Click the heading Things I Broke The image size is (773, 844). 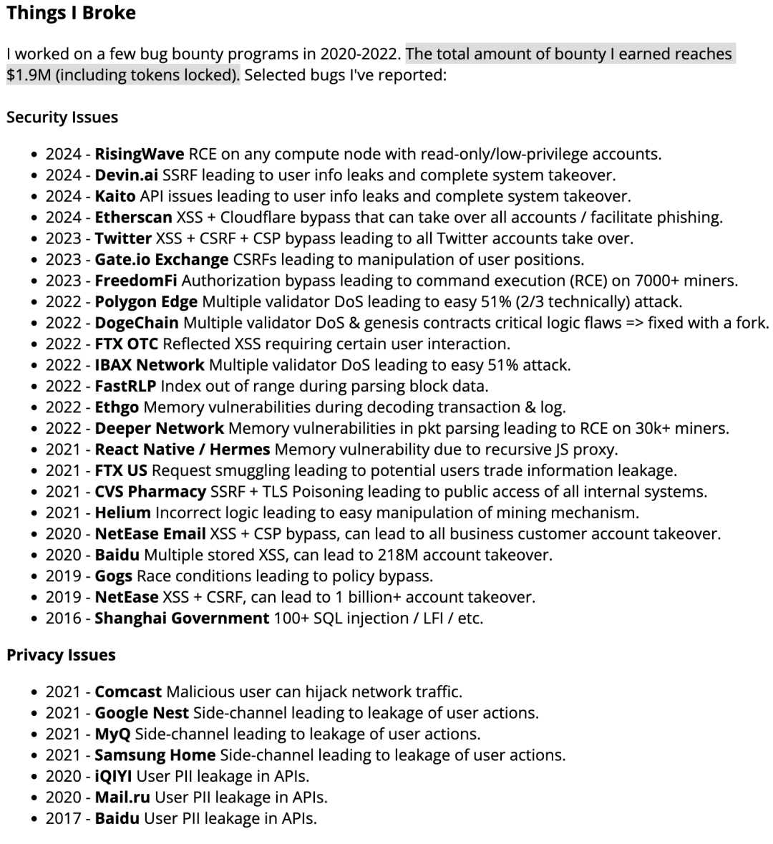coord(71,13)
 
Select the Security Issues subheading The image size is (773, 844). coord(62,117)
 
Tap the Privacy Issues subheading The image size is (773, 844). coord(61,655)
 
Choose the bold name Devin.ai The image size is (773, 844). coord(126,175)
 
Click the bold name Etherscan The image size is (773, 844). coord(133,218)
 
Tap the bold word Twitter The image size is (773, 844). coord(123,238)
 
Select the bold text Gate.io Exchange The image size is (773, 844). coord(162,259)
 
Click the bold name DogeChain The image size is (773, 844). coord(137,323)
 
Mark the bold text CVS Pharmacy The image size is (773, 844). coord(150,492)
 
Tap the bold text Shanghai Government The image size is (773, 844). coord(182,618)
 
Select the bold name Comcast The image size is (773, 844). coord(128,692)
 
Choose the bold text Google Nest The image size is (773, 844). coord(142,713)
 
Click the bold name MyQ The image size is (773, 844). coord(112,734)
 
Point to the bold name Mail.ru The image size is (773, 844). coord(122,797)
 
